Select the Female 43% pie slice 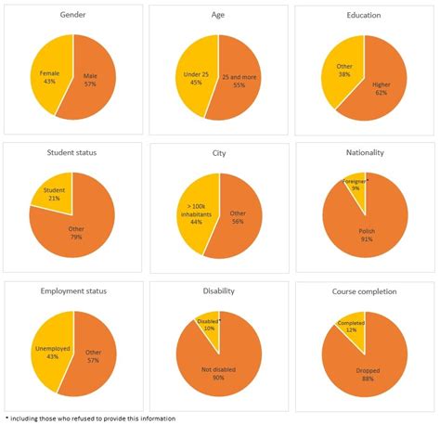pos(50,77)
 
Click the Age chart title pos(219,17)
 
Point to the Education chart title pos(365,17)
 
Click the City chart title pos(219,153)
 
